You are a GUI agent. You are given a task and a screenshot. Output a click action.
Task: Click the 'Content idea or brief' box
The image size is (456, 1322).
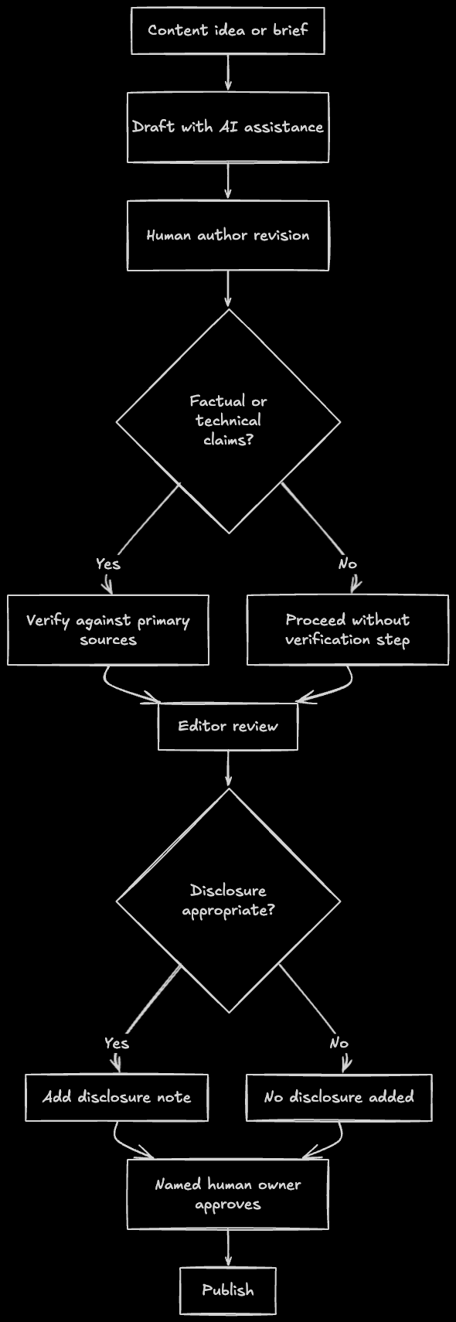click(x=227, y=31)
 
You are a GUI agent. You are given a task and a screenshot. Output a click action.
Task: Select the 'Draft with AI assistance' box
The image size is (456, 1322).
click(x=227, y=128)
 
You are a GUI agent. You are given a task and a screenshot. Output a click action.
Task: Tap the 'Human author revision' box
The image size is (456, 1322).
click(x=227, y=236)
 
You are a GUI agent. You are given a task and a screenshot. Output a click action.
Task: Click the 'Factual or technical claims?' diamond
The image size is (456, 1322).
click(x=228, y=421)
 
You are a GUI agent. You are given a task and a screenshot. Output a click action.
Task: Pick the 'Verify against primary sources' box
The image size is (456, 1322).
click(x=108, y=630)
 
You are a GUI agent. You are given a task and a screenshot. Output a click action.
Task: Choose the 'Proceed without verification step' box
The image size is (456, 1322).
click(x=347, y=630)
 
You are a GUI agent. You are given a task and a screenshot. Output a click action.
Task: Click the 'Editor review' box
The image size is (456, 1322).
click(x=227, y=727)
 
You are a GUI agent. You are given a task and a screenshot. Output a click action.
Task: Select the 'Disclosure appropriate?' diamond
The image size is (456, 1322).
click(x=228, y=901)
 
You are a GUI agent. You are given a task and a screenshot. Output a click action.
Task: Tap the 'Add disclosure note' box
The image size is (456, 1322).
click(x=117, y=1097)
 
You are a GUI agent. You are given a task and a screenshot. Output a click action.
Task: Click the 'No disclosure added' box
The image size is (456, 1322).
click(x=339, y=1097)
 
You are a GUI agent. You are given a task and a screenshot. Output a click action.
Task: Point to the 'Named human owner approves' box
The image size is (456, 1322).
click(x=227, y=1194)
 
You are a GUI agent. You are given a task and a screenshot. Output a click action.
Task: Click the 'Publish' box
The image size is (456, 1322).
click(x=227, y=1290)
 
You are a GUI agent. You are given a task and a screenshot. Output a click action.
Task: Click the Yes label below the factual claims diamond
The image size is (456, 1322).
click(x=108, y=564)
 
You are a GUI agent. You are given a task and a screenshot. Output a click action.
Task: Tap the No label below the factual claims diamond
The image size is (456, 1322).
click(x=348, y=564)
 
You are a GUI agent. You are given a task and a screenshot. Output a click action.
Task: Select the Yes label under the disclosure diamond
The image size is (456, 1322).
click(x=117, y=1043)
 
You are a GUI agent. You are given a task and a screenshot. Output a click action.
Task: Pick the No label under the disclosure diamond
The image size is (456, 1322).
click(x=339, y=1043)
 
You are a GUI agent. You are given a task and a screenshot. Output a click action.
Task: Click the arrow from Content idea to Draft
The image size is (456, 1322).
click(x=228, y=73)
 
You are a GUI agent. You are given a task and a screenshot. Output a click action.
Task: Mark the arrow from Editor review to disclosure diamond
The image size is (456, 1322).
click(x=228, y=769)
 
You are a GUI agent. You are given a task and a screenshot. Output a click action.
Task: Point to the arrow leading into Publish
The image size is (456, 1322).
click(x=228, y=1248)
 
